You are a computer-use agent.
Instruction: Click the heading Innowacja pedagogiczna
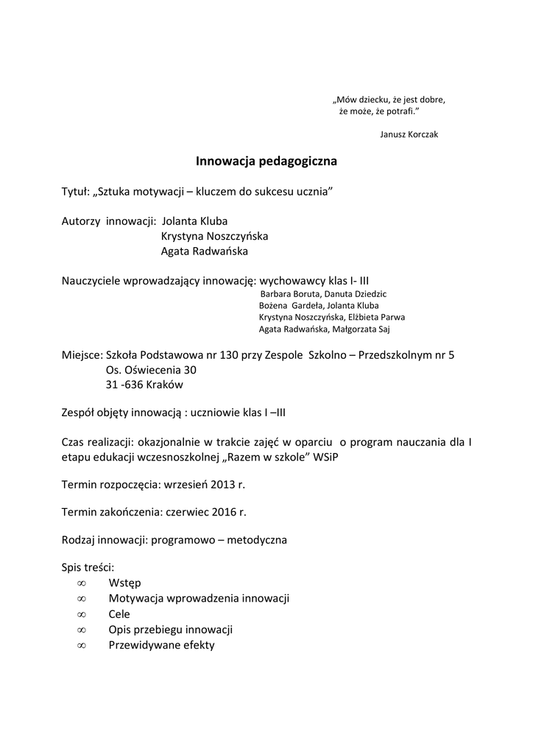[x=266, y=160]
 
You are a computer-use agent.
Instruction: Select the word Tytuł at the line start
[x=74, y=191]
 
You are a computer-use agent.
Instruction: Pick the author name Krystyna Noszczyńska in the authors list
[x=214, y=236]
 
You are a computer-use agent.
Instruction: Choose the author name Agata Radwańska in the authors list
[x=204, y=251]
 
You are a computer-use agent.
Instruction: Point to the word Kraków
[x=166, y=385]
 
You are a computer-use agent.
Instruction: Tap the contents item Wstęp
[x=124, y=583]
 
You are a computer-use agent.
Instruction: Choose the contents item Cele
[x=119, y=614]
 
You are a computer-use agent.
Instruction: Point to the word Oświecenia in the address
[x=150, y=370]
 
